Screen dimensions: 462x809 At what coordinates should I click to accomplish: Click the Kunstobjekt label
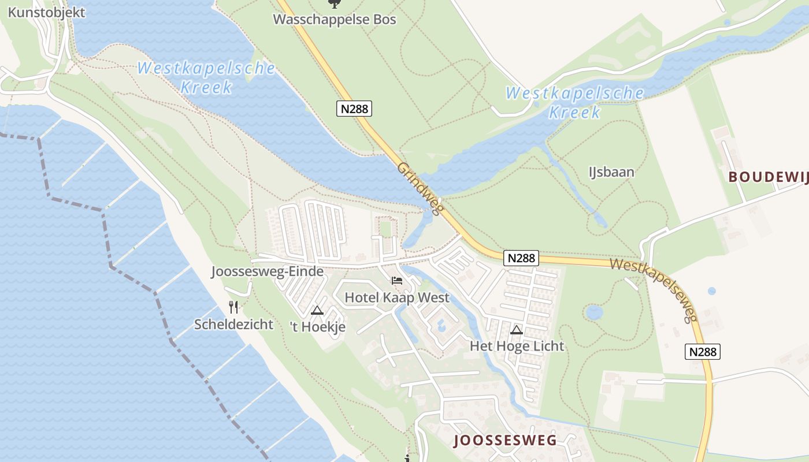tap(46, 12)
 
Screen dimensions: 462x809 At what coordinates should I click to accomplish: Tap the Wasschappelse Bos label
tap(335, 20)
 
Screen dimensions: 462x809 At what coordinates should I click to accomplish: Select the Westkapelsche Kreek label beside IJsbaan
tap(574, 102)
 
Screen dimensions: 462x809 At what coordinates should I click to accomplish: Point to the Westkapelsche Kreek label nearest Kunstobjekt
tap(206, 77)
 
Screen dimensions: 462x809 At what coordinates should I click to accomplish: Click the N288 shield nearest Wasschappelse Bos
tap(354, 108)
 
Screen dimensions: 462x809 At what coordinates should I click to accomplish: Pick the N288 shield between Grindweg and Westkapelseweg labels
tap(521, 258)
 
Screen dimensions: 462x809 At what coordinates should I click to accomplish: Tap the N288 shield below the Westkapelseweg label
tap(703, 351)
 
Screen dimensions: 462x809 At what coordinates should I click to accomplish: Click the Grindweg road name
tap(420, 188)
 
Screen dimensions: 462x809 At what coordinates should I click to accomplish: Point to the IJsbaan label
tap(611, 172)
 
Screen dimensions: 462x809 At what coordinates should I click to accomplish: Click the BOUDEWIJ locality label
tap(768, 177)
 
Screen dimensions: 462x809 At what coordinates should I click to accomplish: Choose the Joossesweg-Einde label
tap(267, 271)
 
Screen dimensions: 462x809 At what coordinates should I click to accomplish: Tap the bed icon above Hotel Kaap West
tap(397, 281)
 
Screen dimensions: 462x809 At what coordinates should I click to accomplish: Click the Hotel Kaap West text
tap(397, 297)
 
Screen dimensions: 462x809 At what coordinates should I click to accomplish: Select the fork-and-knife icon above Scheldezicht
tap(233, 307)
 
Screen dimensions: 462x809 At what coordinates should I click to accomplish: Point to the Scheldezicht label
tap(233, 324)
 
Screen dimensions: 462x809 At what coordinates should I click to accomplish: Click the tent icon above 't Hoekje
tap(317, 311)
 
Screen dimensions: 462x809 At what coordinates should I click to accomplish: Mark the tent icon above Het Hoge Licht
tap(517, 330)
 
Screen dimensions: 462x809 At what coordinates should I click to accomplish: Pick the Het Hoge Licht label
tap(517, 346)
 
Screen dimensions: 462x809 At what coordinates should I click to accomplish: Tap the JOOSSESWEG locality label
tap(506, 441)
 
